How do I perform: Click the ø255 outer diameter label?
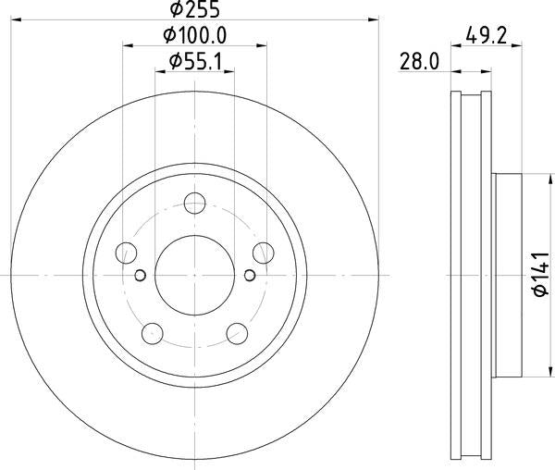195,10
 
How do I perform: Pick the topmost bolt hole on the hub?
195,203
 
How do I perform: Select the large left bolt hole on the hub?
126,253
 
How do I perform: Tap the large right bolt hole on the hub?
265,253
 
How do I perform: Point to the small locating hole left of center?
141,275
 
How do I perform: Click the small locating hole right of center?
250,275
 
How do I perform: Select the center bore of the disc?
195,275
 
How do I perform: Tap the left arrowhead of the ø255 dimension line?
16,18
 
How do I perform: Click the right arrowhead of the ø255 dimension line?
375,18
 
